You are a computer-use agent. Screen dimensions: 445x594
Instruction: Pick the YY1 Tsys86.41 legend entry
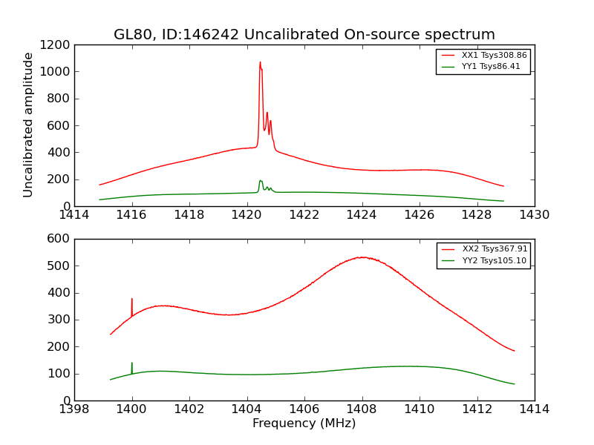click(491, 66)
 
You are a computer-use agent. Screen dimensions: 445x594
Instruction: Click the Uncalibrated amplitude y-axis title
click(28, 125)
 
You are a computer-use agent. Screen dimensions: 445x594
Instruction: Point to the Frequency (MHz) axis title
click(304, 423)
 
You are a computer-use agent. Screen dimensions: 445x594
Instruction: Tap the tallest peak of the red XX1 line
click(260, 62)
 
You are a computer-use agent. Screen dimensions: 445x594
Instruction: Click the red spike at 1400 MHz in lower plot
click(132, 299)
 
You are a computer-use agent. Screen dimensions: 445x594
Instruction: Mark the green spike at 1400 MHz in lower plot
click(132, 363)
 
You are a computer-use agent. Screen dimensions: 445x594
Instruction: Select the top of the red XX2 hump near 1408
click(362, 257)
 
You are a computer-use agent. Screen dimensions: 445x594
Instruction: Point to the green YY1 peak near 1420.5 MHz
click(261, 180)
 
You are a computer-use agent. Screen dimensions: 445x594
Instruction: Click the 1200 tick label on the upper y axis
click(56, 44)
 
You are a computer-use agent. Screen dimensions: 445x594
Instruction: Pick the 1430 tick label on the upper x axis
click(534, 215)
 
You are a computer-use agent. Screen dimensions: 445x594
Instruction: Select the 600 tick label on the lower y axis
click(59, 239)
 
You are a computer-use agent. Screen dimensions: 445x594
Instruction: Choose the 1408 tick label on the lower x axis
click(362, 409)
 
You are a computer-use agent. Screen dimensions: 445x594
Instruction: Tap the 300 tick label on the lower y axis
click(59, 320)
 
